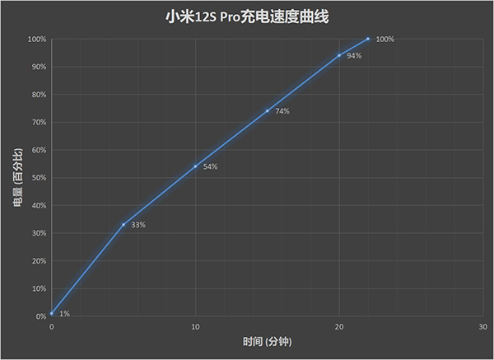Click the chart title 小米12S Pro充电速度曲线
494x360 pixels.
[x=247, y=16]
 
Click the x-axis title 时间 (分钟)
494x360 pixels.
[x=266, y=341]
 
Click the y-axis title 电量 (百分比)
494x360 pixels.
[x=17, y=177]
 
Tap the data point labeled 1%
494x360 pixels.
[x=51, y=313]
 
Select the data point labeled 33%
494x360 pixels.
[x=123, y=224]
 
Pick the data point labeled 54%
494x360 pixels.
[x=195, y=166]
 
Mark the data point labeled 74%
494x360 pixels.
[x=267, y=110]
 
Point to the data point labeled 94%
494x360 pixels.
[x=339, y=55]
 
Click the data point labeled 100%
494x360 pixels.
[x=368, y=39]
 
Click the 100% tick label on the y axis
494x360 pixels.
[x=36, y=39]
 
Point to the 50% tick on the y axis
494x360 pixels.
[x=38, y=177]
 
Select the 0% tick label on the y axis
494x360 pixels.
[x=40, y=316]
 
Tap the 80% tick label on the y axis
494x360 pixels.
[x=38, y=94]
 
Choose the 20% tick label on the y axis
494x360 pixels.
[x=38, y=260]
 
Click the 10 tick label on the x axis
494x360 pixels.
[x=195, y=327]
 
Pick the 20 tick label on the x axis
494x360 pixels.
[x=339, y=327]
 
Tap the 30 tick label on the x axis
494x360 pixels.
[x=482, y=327]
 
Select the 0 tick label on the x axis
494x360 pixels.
[x=51, y=327]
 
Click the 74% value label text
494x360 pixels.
[x=282, y=111]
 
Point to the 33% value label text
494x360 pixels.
[x=138, y=225]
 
